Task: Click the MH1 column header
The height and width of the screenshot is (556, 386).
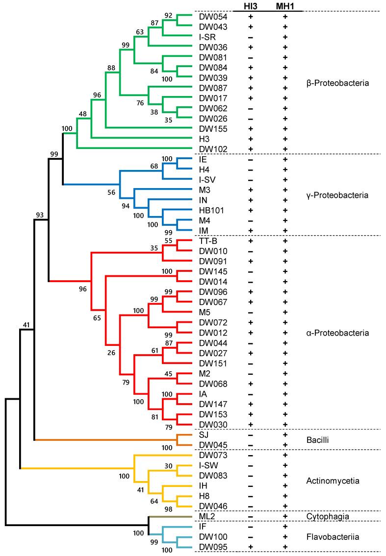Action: pos(285,5)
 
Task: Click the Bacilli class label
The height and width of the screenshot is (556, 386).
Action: pos(316,440)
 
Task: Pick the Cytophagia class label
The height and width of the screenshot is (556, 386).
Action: pos(325,516)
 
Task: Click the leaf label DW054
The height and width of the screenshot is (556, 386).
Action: pos(209,17)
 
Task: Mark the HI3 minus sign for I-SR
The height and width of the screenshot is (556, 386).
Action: pos(250,37)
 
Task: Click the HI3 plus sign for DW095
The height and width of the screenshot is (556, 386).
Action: pos(250,547)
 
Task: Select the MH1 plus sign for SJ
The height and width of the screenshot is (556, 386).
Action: pos(285,435)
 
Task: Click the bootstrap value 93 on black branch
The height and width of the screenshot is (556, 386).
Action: pos(40,214)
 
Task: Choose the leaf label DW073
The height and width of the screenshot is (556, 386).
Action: pos(209,455)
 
